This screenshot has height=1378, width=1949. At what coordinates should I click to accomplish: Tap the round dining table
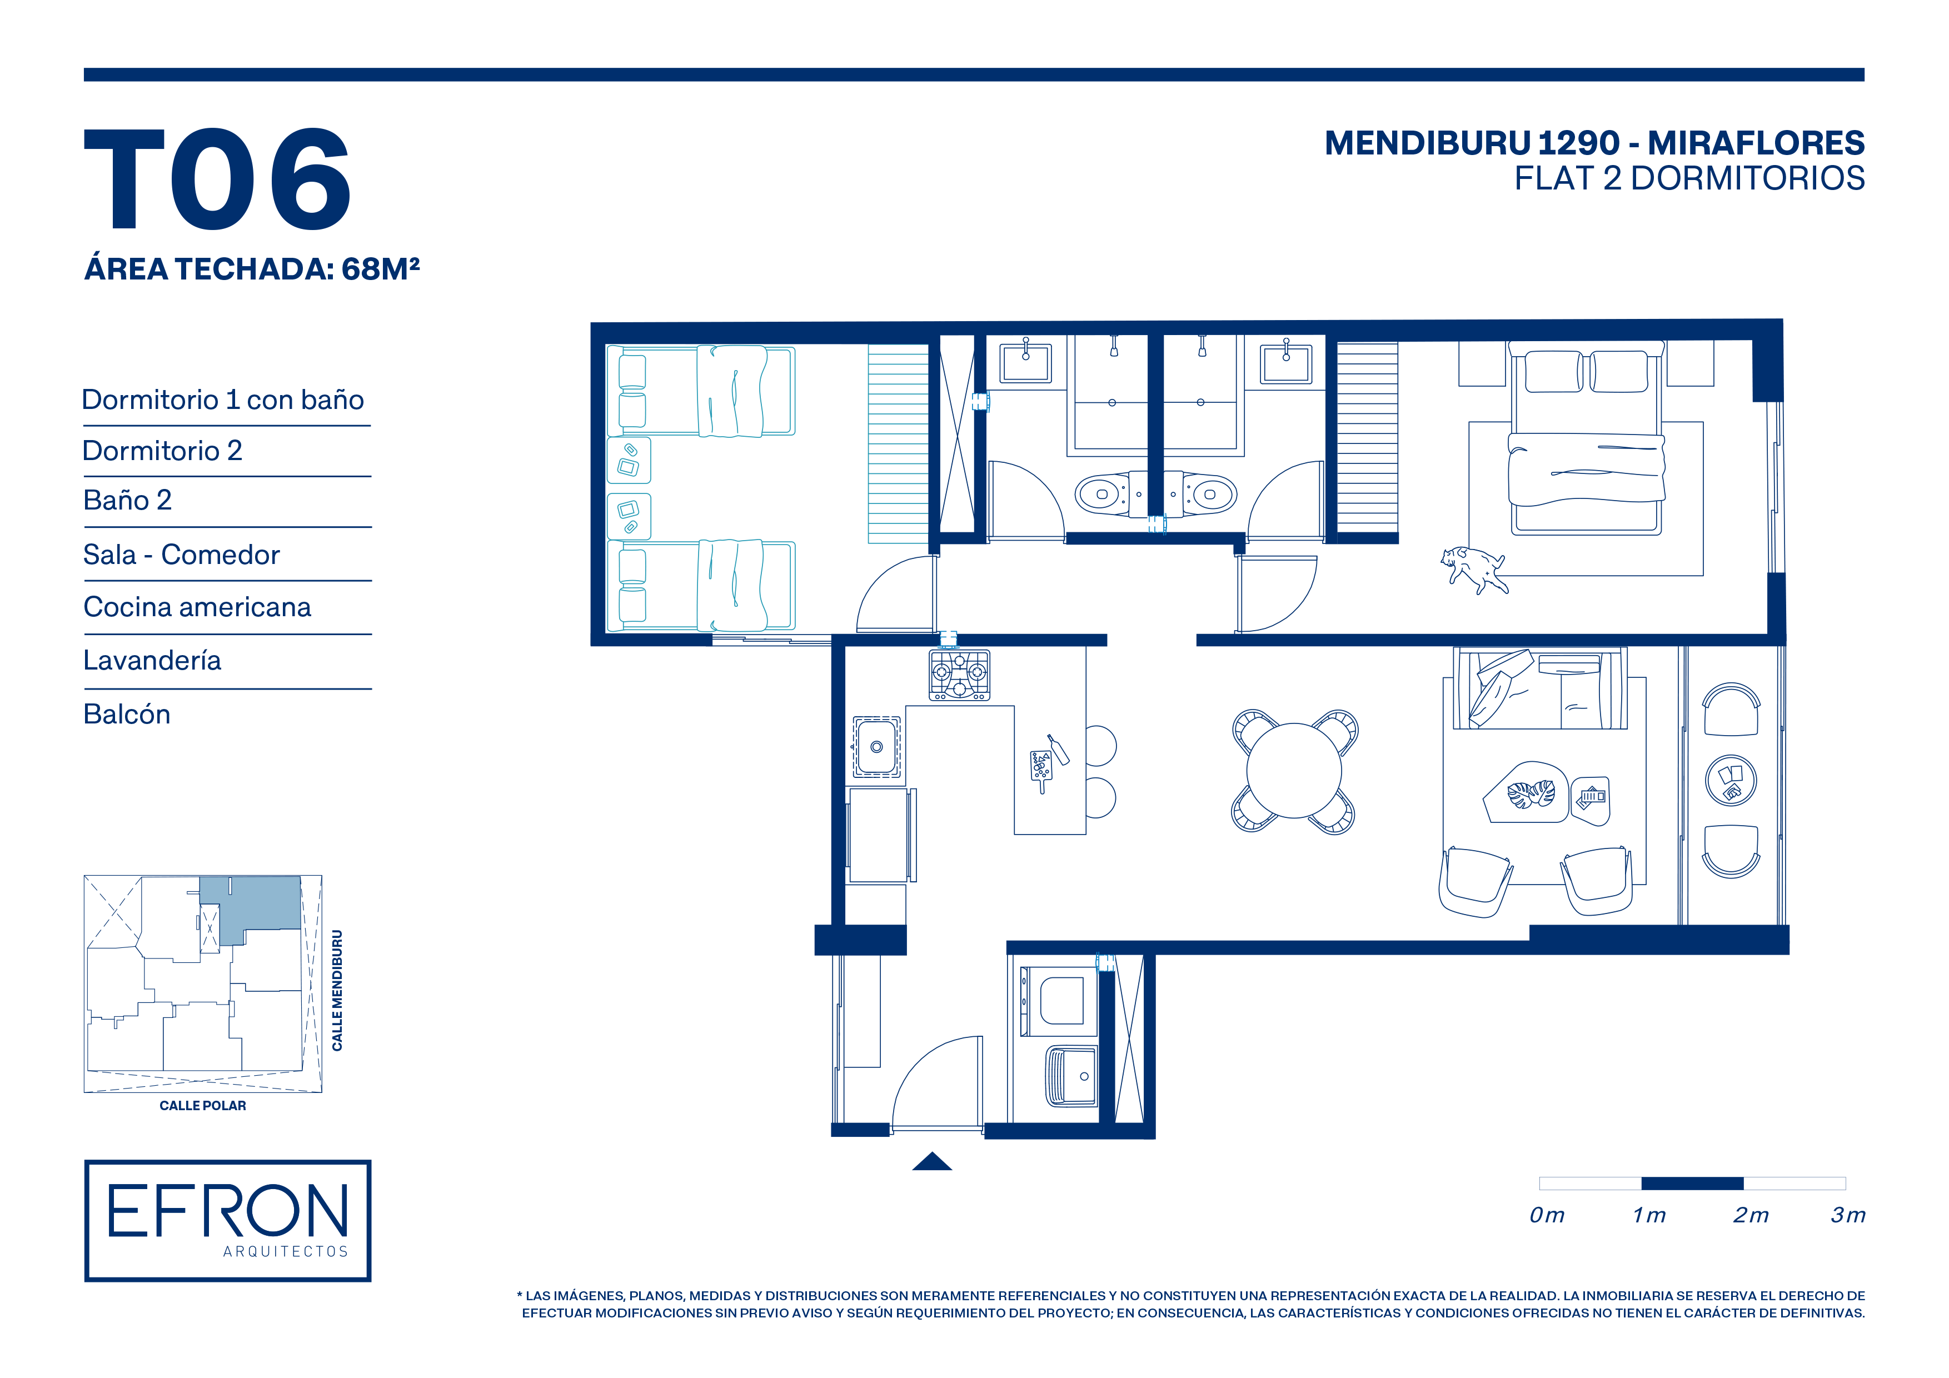click(1294, 771)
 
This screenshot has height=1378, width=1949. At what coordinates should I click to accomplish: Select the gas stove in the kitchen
click(959, 675)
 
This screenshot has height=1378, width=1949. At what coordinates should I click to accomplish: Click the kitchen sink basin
click(877, 747)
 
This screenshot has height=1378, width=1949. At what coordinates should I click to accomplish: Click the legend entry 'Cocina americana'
click(197, 607)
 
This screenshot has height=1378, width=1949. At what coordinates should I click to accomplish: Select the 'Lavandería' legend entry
click(152, 660)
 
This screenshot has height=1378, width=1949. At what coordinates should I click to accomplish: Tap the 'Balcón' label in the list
click(127, 715)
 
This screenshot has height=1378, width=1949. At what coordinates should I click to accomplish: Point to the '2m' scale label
click(1751, 1215)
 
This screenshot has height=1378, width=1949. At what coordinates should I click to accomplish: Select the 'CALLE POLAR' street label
click(203, 1106)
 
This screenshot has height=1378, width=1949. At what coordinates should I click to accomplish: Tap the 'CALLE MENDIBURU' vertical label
click(337, 990)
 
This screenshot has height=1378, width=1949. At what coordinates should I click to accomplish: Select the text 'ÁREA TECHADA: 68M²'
click(252, 268)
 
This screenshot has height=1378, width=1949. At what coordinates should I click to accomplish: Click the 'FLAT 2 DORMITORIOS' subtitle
click(1689, 178)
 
